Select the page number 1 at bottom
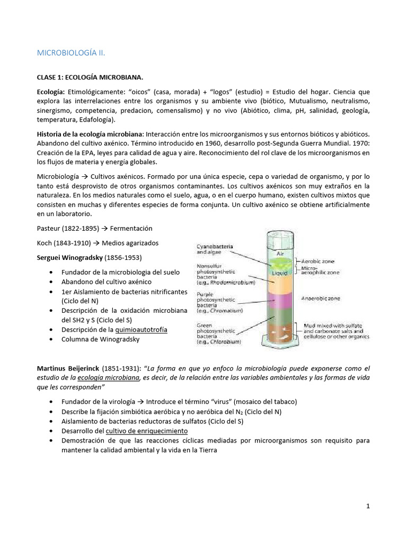[x=368, y=506]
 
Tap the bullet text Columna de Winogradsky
[x=100, y=339]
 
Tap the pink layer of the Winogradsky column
[x=279, y=302]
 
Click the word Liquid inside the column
[x=279, y=273]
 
